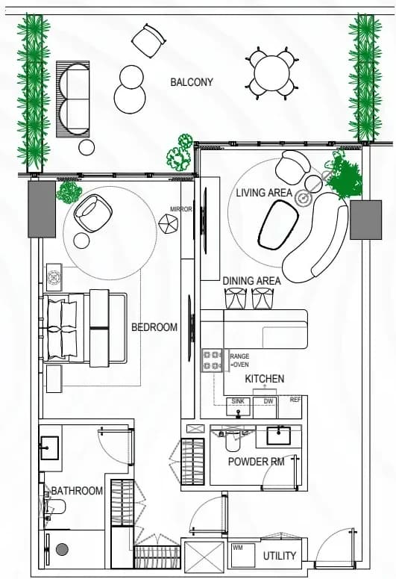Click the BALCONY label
pos(192,82)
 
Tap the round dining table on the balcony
pos(272,73)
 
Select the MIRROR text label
pos(181,209)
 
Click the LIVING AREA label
pos(264,193)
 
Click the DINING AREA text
pos(251,281)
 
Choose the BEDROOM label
pos(154,327)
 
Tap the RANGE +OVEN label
pos(239,360)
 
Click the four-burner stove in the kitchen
pos(212,360)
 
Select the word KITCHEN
pos(264,379)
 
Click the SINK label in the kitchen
pos(238,401)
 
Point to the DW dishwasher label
pos(268,401)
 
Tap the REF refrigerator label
pos(295,400)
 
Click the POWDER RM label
pos(256,462)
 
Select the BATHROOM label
pos(77,491)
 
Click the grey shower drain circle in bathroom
pos(62,549)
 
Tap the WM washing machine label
pos(238,548)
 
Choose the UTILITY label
pos(280,556)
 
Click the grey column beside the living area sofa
pos(365,220)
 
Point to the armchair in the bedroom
pos(93,213)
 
